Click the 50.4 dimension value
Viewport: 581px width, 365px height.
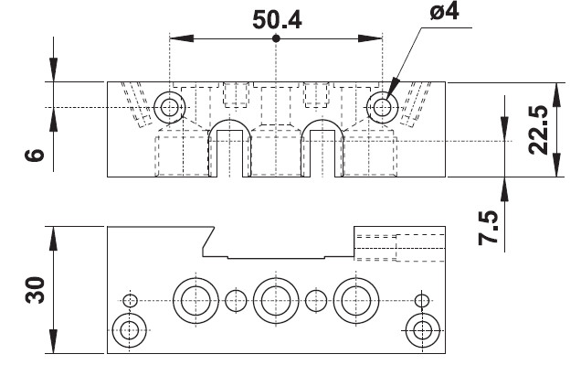(x=277, y=19)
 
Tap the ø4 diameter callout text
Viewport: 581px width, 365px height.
(x=445, y=11)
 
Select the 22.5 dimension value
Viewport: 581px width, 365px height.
(x=538, y=130)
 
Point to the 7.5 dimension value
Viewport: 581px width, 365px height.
(x=488, y=228)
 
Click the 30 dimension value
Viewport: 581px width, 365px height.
(x=35, y=290)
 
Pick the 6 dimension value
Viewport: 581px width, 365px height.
(x=35, y=155)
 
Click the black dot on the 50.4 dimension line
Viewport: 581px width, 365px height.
(x=276, y=38)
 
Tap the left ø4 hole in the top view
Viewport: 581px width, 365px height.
(x=169, y=108)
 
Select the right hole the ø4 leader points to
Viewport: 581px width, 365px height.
(x=382, y=108)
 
